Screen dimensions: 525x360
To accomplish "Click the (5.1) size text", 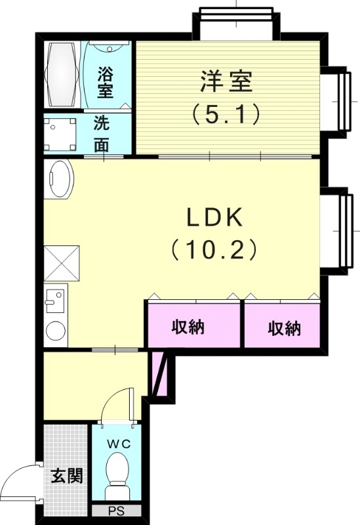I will pyautogui.click(x=226, y=114).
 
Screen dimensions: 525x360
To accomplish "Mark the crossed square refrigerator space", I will pyautogui.click(x=61, y=264).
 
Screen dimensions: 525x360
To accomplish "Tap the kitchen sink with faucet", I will pyautogui.click(x=56, y=302).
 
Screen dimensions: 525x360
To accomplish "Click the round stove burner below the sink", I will pyautogui.click(x=56, y=331).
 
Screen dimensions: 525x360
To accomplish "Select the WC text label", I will pyautogui.click(x=119, y=444).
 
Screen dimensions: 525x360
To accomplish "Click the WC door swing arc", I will pyautogui.click(x=119, y=400).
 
